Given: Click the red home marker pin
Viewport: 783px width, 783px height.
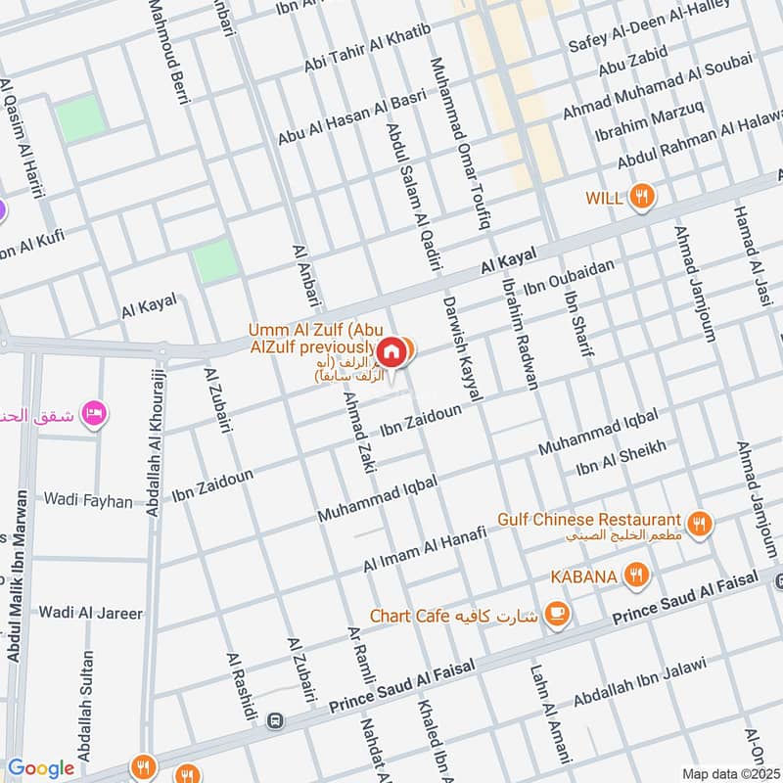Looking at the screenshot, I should pos(390,351).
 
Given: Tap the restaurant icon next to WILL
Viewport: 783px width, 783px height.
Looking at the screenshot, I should pos(642,197).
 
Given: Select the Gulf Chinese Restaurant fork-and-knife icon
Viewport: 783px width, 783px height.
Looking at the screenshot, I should pos(699,525).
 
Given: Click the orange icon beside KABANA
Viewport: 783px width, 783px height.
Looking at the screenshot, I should pos(636,576).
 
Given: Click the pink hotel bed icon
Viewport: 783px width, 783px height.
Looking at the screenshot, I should pos(94,412).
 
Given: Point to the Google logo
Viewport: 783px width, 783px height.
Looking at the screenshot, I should pos(41,768).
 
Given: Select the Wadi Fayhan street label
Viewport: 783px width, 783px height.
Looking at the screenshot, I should pos(87,500).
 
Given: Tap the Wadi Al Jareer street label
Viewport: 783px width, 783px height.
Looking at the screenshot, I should pos(90,614).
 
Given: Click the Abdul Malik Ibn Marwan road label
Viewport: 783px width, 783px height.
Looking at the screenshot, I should pos(15,607).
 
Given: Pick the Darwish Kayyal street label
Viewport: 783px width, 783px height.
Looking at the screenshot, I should pos(463,347).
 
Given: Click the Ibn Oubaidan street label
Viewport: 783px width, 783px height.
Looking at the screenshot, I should pos(569,276).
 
